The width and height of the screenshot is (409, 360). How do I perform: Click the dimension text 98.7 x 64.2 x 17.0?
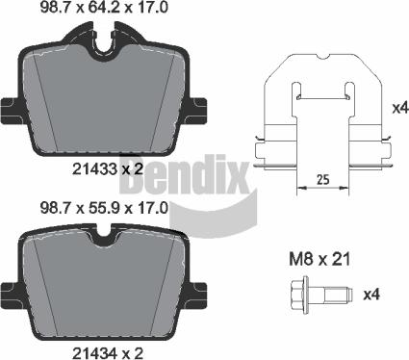pyautogui.click(x=109, y=9)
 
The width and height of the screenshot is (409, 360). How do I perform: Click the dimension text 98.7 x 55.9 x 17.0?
pyautogui.click(x=109, y=206)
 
